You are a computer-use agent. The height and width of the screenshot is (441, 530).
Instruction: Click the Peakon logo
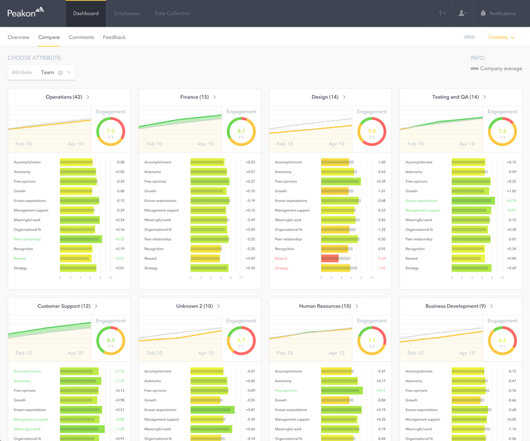coord(25,12)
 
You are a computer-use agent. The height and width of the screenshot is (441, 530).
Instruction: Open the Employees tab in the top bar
coord(126,13)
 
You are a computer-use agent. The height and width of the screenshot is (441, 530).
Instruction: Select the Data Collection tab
coord(172,13)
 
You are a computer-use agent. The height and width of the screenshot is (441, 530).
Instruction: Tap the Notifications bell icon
coord(483,13)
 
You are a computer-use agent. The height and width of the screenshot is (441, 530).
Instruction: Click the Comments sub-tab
coord(81,38)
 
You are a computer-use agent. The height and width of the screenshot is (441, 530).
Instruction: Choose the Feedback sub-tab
coord(114,38)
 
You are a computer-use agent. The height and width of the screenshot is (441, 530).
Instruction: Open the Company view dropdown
coord(501,38)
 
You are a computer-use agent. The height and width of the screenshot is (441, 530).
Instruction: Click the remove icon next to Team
coord(61,73)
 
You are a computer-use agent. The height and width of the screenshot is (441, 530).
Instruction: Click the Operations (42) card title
coord(64,97)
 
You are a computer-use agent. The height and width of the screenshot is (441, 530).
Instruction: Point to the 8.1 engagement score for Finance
coord(241,131)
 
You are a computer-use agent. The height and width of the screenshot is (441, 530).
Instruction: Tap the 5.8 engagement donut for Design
coord(372,131)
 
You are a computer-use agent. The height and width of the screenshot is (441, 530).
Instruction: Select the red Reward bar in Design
coord(330,258)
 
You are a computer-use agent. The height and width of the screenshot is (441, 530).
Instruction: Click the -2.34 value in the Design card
coord(381,258)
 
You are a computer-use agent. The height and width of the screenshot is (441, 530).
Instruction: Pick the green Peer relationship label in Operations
coord(27,239)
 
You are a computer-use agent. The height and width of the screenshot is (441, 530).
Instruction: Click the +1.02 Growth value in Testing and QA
coord(511,191)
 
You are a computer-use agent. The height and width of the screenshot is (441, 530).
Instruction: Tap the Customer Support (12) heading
coord(64,306)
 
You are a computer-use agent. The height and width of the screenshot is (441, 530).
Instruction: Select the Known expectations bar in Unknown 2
coord(212,410)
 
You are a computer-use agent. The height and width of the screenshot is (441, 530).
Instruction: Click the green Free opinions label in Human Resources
coord(285,390)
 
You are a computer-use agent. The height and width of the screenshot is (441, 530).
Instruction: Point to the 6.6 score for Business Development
coord(502,341)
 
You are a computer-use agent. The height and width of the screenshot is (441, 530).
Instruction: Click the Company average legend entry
coord(496,69)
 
